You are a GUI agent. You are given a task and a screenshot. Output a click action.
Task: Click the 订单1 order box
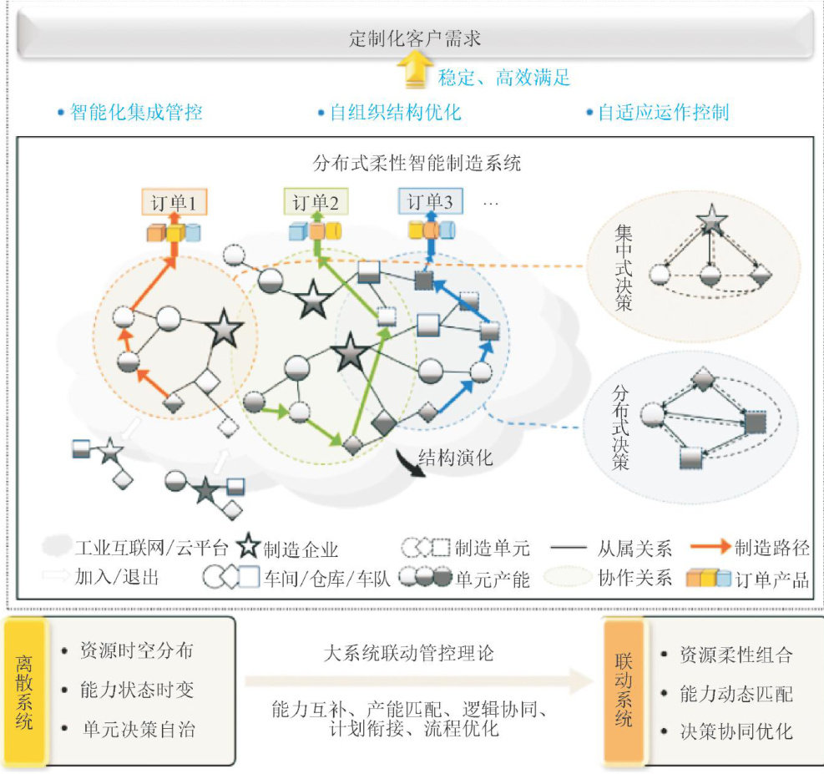pos(174,203)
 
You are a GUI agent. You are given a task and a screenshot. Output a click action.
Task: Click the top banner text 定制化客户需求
pos(415,38)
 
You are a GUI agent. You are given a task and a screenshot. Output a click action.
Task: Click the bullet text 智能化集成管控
pos(136,112)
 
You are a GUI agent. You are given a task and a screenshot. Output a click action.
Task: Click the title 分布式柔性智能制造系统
pos(416,163)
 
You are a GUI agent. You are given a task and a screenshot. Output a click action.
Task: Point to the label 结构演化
pos(463,458)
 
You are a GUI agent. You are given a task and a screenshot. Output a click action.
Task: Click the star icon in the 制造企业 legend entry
pos(250,548)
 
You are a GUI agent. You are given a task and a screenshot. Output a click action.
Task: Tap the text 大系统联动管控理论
pos(408,653)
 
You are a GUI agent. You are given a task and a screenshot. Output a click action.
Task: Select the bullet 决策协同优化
pos(736,732)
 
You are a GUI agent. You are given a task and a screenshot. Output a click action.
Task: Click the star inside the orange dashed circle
pos(224,330)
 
